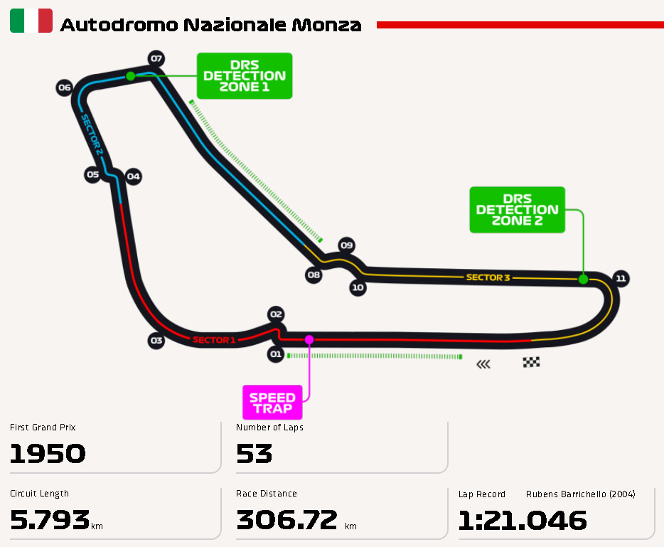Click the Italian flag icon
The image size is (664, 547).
coord(31,21)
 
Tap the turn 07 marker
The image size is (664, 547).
coord(156,58)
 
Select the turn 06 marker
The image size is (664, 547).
coord(65,88)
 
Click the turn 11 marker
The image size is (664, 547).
coord(621,278)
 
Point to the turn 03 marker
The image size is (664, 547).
coord(156,341)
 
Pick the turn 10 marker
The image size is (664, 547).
coord(358,288)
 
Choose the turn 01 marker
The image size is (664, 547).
coord(276,354)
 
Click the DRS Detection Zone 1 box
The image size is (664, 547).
coord(244,75)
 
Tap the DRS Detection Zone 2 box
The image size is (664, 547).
coord(517,209)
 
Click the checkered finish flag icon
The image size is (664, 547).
coord(531,362)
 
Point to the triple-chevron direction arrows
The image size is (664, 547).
coord(483,364)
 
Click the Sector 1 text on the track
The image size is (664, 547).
coord(213,340)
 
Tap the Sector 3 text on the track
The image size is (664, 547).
coord(488,277)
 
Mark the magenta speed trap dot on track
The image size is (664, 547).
coord(309,339)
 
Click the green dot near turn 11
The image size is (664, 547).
coord(583,279)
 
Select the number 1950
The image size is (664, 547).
coord(48,454)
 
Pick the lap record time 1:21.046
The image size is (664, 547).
coord(523,521)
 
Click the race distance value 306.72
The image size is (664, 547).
coord(287,521)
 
